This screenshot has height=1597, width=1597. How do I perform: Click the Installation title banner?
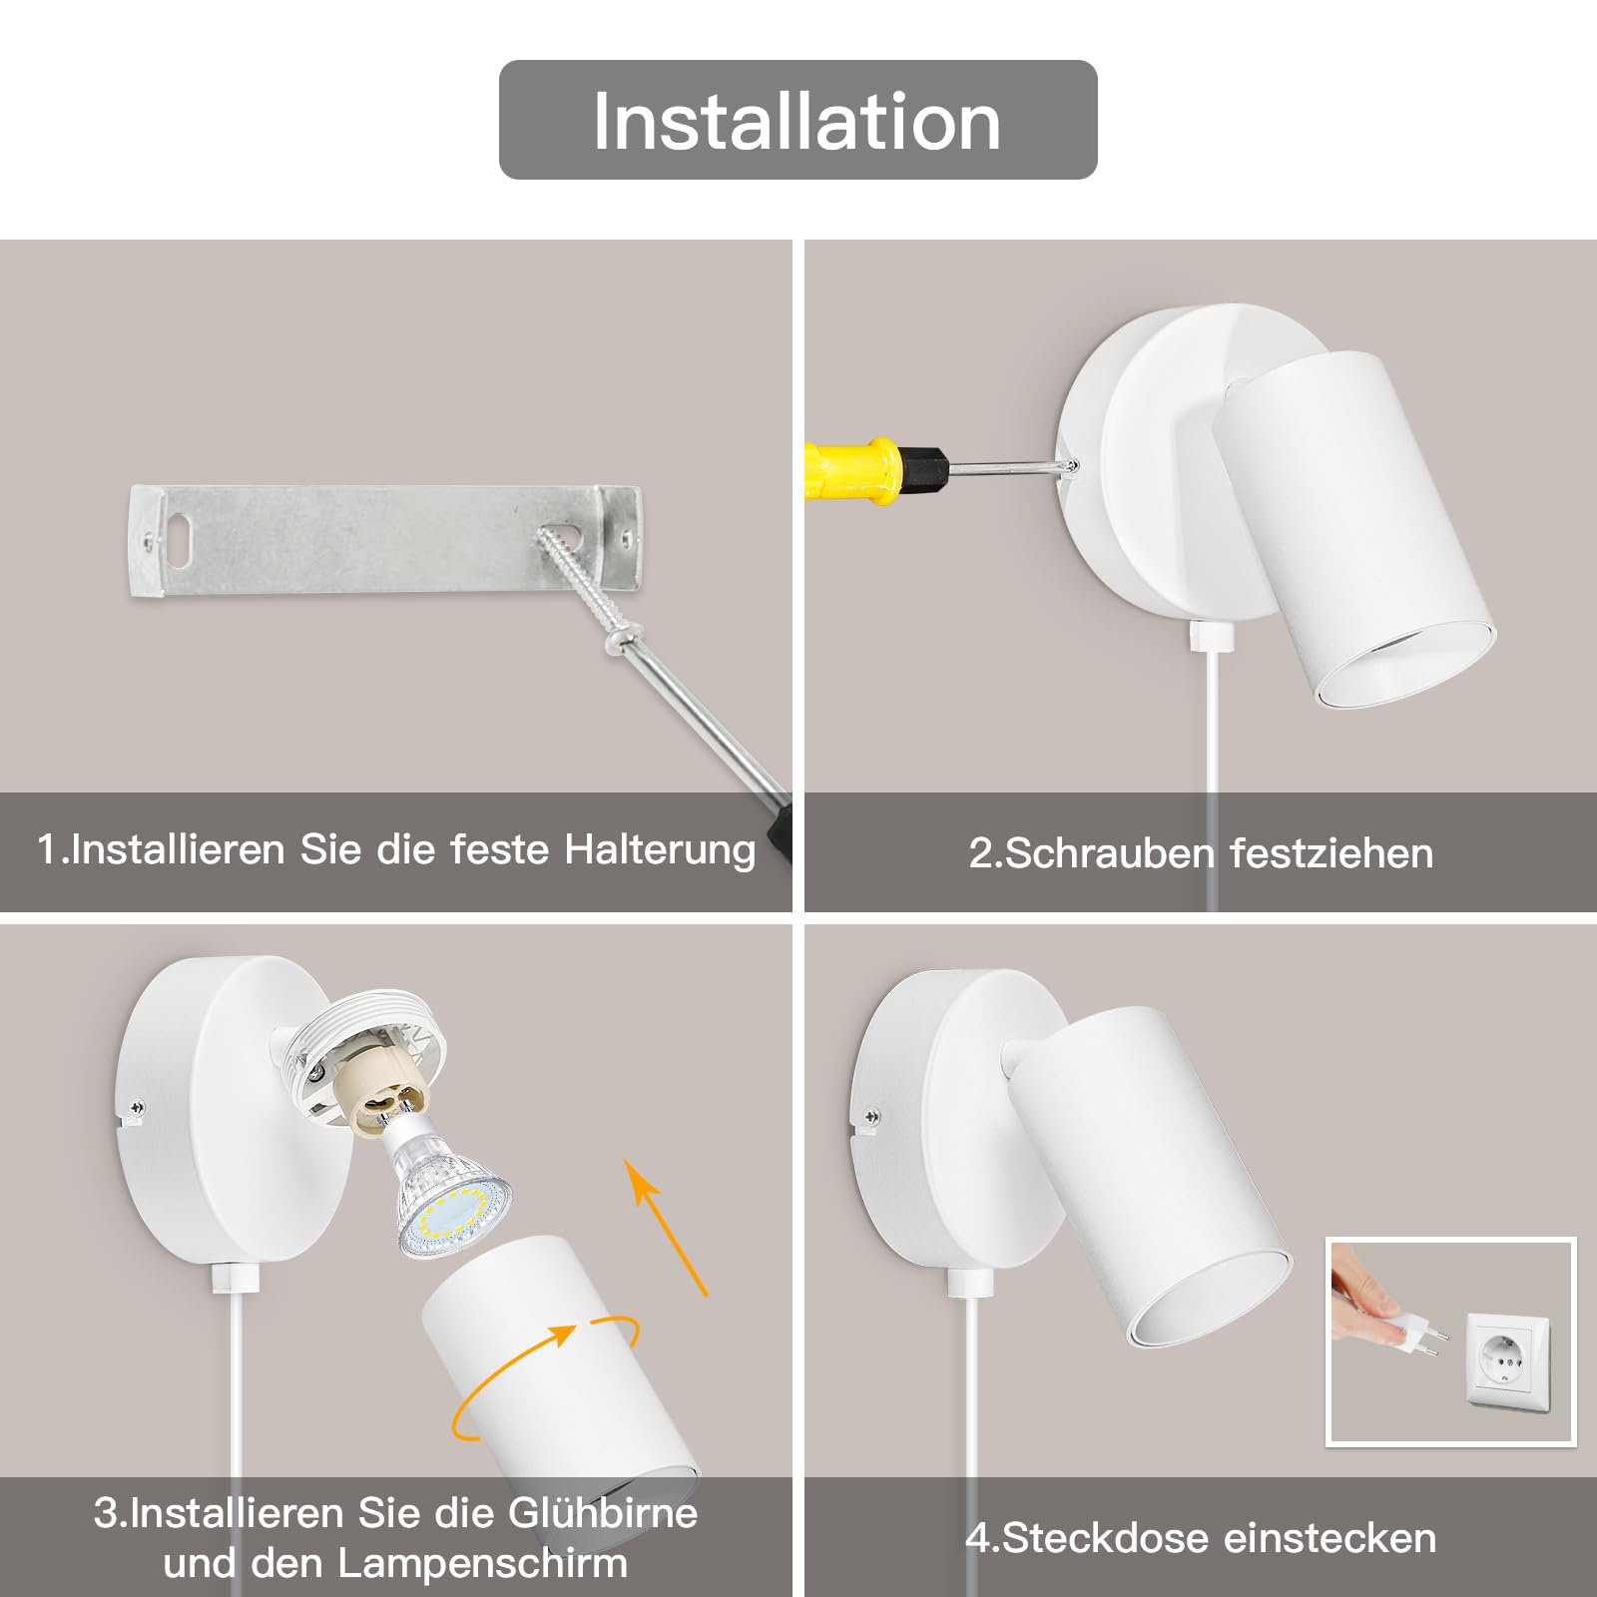tap(798, 120)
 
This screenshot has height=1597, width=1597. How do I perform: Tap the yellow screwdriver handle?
tap(854, 469)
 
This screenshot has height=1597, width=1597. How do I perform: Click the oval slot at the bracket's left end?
tap(180, 533)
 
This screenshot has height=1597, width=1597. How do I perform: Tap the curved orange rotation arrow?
tap(544, 1377)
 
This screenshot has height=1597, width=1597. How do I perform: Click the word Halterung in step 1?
tap(660, 850)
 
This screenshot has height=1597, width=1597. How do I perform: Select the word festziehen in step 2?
tap(1331, 853)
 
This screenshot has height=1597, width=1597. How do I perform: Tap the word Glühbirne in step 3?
tap(603, 1513)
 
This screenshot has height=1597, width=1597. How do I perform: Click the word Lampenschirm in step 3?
tap(483, 1563)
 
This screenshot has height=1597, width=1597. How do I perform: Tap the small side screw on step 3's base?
tap(137, 1106)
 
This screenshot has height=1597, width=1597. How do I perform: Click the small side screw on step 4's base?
tap(871, 1117)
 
